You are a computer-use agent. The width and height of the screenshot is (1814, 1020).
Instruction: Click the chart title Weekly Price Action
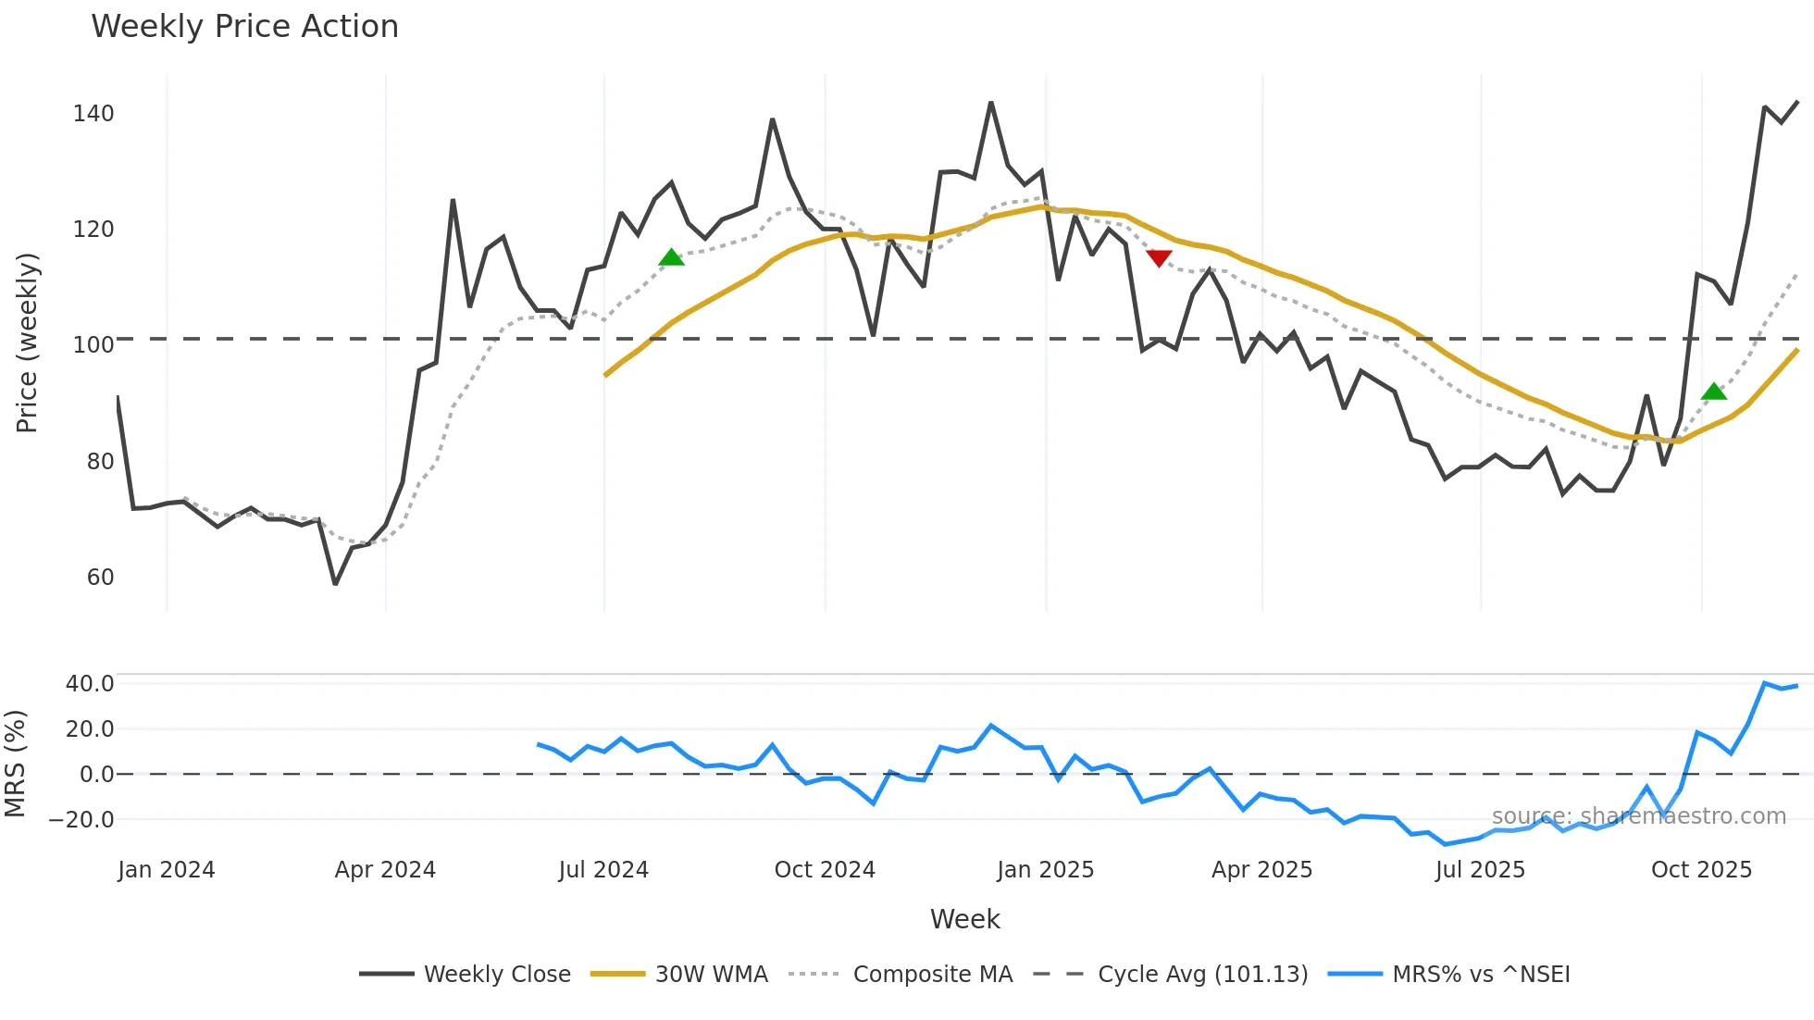[244, 27]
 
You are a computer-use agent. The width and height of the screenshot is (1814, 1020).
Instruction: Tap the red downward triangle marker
[1159, 257]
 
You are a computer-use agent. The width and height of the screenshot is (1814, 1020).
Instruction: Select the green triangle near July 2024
[672, 257]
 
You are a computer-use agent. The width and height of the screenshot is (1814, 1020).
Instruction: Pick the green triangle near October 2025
[1714, 392]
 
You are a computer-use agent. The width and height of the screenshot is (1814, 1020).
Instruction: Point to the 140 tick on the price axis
[93, 114]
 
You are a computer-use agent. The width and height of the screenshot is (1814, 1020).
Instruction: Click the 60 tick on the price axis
[100, 578]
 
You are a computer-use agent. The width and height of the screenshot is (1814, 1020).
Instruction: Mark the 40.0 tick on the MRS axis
[90, 684]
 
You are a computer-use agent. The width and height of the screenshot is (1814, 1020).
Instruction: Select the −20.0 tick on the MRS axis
[81, 820]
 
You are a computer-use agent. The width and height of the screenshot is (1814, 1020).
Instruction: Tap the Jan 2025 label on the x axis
[1045, 870]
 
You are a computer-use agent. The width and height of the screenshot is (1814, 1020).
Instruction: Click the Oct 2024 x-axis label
[825, 870]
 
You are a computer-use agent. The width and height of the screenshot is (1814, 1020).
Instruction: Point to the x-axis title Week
[964, 919]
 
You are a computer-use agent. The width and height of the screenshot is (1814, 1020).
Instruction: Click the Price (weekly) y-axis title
[27, 342]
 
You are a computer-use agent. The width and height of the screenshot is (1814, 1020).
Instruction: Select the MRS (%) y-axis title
[15, 764]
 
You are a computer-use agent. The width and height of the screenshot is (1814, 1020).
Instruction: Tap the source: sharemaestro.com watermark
[1638, 816]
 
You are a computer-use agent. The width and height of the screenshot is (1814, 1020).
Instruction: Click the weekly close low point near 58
[335, 584]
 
